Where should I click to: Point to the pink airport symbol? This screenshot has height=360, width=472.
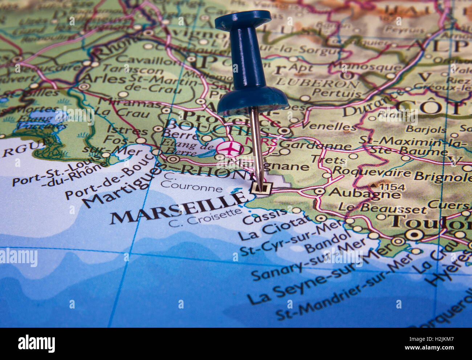(x=229, y=148)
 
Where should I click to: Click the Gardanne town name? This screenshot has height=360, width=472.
(x=315, y=145)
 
